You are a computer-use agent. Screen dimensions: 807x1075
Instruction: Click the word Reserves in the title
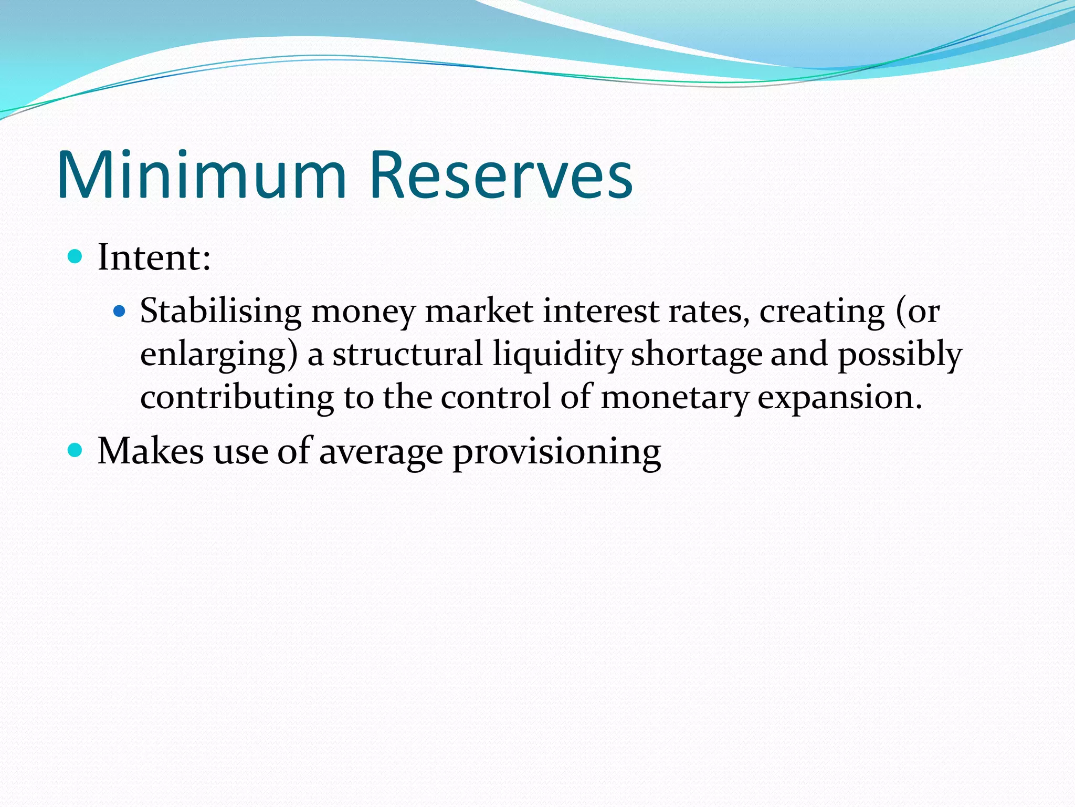click(501, 175)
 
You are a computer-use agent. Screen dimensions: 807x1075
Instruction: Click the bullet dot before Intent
click(76, 257)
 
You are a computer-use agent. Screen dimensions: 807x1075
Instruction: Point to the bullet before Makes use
click(76, 450)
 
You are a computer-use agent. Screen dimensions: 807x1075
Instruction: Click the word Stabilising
click(220, 312)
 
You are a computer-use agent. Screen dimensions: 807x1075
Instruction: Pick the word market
click(479, 312)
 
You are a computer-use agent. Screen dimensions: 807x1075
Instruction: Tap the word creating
click(822, 312)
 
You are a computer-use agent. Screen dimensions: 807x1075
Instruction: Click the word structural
click(407, 354)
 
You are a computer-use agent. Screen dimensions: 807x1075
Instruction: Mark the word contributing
click(237, 398)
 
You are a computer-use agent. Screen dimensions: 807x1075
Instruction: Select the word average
click(381, 452)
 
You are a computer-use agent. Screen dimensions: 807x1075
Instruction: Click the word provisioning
click(556, 452)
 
